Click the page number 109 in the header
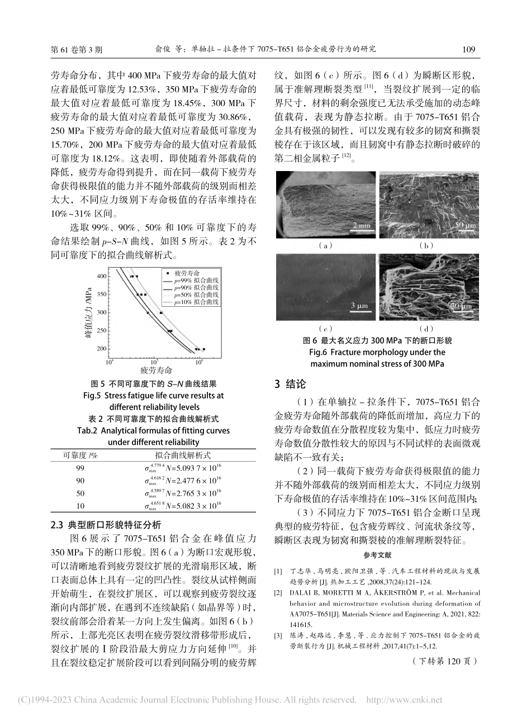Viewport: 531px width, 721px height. coord(468,49)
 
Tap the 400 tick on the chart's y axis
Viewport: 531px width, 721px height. coord(101,276)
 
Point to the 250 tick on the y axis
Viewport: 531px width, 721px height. coord(101,330)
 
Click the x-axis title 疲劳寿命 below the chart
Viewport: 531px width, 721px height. coord(156,371)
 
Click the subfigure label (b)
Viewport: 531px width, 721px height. coord(426,245)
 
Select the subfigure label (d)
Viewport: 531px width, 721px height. coord(426,329)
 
